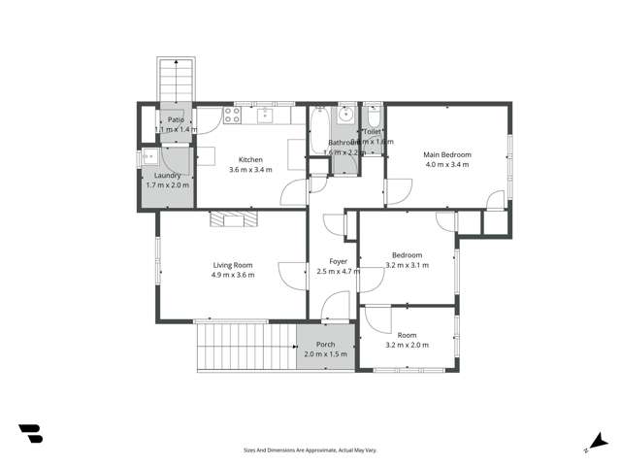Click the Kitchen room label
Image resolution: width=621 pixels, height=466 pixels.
250,159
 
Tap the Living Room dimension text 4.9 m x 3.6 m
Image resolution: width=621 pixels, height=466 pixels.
233,275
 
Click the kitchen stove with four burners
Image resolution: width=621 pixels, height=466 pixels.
233,114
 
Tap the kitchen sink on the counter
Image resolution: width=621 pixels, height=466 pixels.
269,116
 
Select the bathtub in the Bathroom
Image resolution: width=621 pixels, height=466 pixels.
319,132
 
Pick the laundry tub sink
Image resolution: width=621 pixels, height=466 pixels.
148,156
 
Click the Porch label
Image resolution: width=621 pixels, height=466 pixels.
325,345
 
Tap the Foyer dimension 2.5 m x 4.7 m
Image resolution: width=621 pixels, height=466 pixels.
339,272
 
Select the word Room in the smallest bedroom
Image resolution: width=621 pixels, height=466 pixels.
407,335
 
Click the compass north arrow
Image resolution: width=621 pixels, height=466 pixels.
599,442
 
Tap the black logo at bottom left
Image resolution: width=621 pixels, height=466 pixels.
30,434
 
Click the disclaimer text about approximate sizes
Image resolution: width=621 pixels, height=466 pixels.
310,450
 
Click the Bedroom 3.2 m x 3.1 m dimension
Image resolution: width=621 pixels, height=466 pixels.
407,265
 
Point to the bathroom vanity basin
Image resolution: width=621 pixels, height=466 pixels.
345,116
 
